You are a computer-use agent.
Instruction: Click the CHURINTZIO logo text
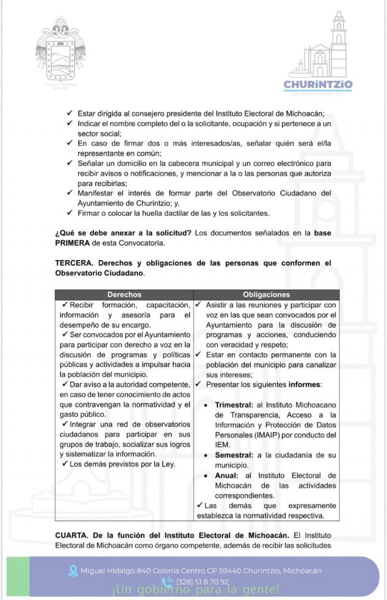(x=318, y=85)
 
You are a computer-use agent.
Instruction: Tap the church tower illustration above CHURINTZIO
(x=338, y=44)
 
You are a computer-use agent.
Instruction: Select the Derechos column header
(x=124, y=294)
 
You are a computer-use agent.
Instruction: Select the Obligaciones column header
(x=267, y=294)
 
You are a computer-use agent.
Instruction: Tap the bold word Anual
(x=226, y=476)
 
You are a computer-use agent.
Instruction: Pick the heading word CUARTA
(x=73, y=536)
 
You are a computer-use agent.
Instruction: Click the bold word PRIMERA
(x=73, y=243)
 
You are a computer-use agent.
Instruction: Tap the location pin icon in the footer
(x=74, y=571)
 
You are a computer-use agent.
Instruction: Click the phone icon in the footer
(x=167, y=582)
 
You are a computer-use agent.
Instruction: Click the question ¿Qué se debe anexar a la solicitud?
(x=123, y=233)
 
